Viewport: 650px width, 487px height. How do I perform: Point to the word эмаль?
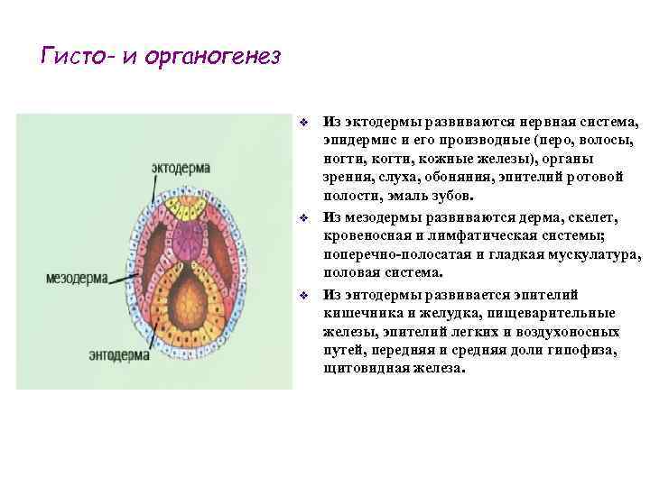[403, 195]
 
